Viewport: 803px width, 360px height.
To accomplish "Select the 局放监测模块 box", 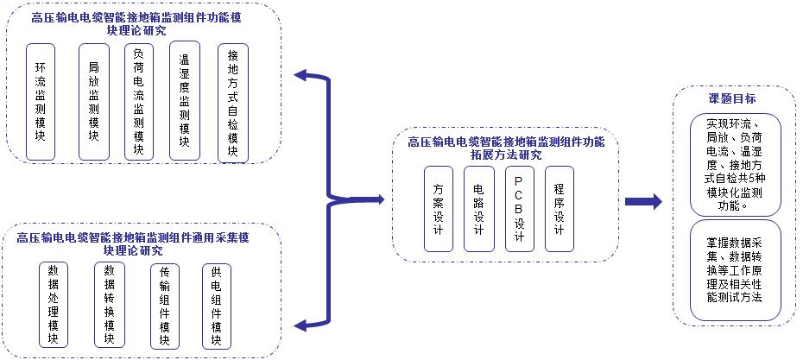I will click(93, 102).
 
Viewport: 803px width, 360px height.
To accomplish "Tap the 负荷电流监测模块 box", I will click(139, 102).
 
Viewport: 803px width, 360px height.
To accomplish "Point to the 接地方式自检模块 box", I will click(232, 103).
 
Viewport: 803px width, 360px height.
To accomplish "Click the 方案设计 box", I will click(439, 207).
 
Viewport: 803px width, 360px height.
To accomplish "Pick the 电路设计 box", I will click(478, 207).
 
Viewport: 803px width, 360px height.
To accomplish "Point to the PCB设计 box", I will click(519, 207).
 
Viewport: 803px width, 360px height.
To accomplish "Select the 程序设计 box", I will click(560, 207).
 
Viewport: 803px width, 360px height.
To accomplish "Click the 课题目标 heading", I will click(734, 99).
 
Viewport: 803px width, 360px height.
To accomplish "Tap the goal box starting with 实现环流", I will click(735, 164).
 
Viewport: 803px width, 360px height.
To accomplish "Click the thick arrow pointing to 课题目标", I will click(643, 201).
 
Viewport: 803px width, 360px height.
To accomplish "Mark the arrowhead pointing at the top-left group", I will click(302, 76).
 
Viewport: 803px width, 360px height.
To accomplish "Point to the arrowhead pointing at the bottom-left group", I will click(303, 324).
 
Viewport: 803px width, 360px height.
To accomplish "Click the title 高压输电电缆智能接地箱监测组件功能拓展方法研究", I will click(506, 148).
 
